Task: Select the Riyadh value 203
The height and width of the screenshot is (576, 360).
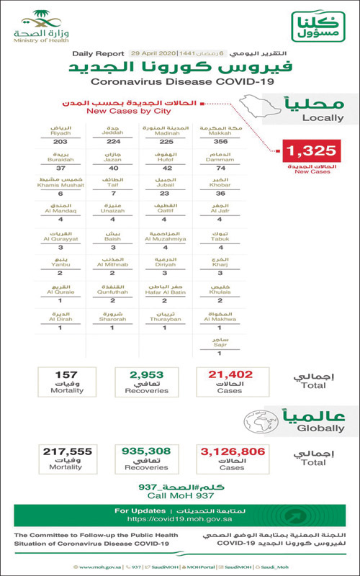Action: coord(59,143)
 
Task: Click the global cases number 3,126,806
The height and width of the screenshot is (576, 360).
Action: coord(232,451)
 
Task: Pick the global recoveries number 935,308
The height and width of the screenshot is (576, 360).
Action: coord(146,451)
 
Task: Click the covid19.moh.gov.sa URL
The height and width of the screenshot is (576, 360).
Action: coord(179,518)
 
